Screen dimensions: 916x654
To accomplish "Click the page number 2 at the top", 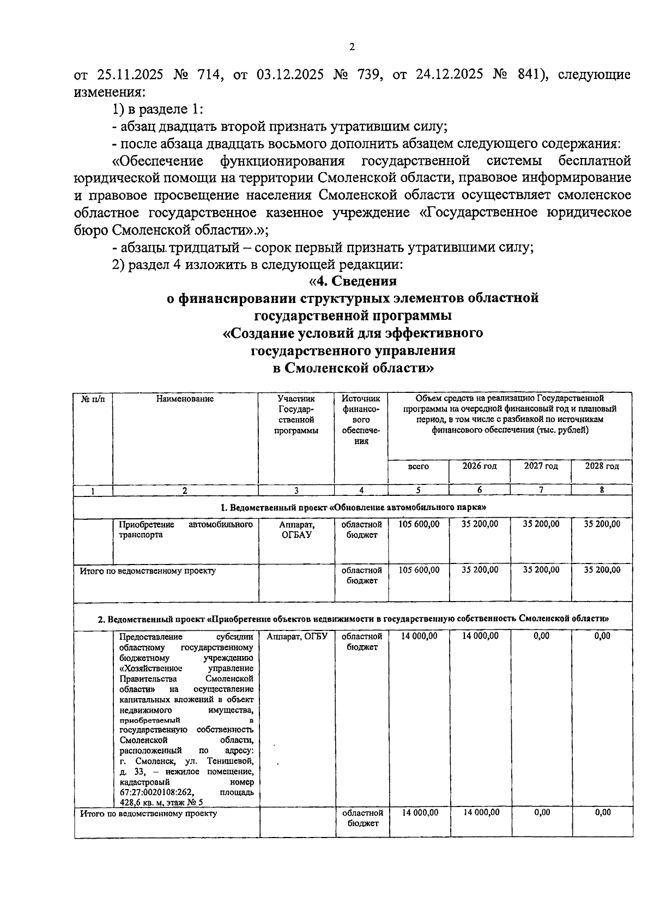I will click(x=352, y=47).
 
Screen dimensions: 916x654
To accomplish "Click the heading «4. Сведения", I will click(x=353, y=281).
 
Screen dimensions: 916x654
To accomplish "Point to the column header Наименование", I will click(x=185, y=399).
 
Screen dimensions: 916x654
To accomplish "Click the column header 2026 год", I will click(x=480, y=466).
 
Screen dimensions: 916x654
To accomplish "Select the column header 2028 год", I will click(x=602, y=466).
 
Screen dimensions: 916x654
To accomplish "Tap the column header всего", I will click(x=418, y=466).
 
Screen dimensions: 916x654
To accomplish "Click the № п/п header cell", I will click(x=93, y=399).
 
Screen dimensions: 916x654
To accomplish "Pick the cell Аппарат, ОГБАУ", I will click(x=296, y=530).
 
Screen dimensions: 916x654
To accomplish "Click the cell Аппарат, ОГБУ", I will click(x=296, y=636).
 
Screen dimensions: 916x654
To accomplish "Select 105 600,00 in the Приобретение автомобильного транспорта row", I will click(x=419, y=524).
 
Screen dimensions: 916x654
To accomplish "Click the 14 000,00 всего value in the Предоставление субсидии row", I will click(x=419, y=636).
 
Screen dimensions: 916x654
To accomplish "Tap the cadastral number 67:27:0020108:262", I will click(x=158, y=792).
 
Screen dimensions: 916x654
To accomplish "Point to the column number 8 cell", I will click(x=602, y=490).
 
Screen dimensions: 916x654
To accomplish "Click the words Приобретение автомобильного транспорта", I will click(x=185, y=530).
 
